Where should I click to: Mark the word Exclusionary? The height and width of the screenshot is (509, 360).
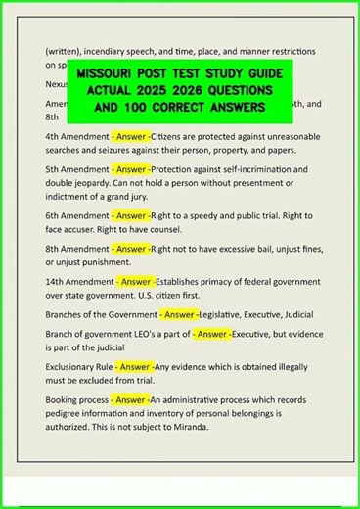[76, 367]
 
